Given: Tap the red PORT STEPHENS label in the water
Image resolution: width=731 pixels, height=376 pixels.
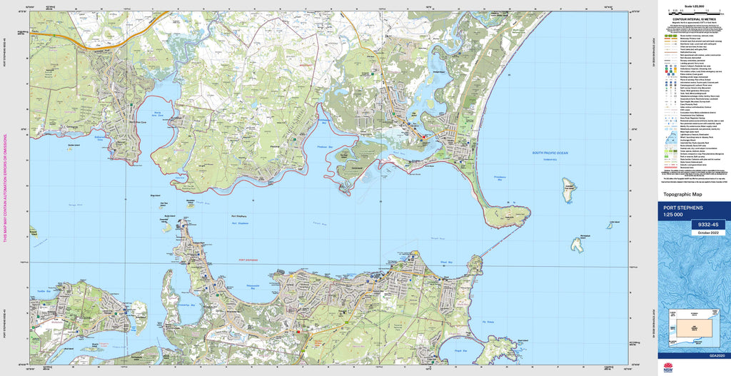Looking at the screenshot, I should point(248,260).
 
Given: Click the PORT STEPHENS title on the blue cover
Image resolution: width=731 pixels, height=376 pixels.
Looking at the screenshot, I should point(683,208).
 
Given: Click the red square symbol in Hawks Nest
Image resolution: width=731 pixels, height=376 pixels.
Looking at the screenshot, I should point(424,138).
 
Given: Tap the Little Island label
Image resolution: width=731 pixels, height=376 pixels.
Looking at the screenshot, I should point(611,223).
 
